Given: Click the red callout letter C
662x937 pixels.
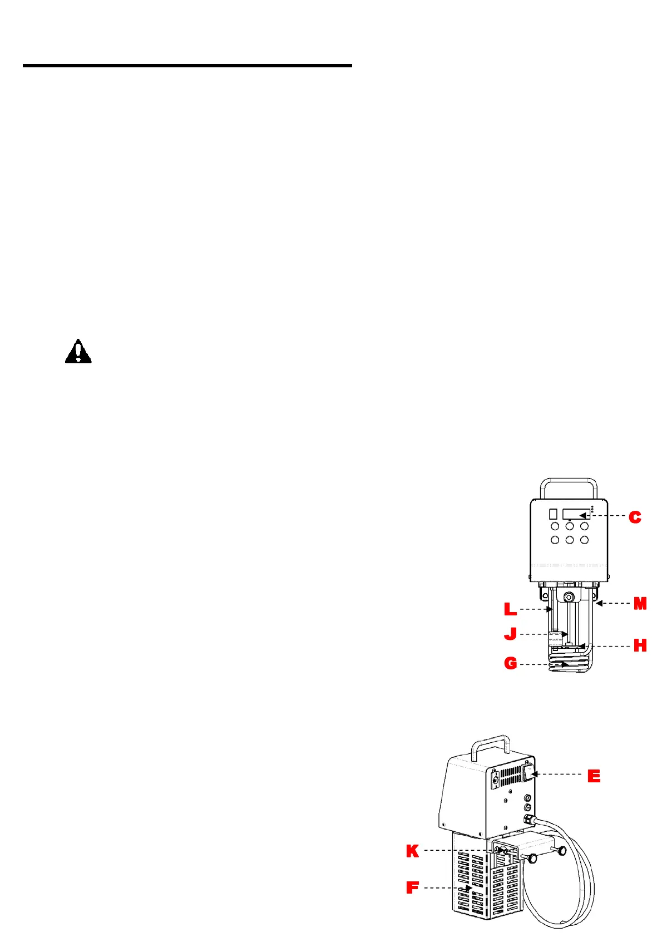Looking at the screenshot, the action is pos(635,517).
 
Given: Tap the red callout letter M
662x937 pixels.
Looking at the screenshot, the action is pos(640,604).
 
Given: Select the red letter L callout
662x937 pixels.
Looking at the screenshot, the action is pos(510,609).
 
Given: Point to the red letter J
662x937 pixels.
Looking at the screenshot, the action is pos(510,634).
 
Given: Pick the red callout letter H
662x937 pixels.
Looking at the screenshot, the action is pos(640,645).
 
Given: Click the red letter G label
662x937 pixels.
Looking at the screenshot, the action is pos(510,663).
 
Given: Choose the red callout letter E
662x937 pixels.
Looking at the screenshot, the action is pos(594,776).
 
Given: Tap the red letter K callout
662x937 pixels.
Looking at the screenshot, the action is pos(412,851).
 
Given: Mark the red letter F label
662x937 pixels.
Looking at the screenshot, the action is pos(412,887).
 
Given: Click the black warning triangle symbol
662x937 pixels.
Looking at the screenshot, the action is pos(78,352).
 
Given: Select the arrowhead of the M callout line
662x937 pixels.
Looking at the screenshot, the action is pos(599,603).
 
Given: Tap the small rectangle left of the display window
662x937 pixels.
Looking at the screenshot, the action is pos(553,514).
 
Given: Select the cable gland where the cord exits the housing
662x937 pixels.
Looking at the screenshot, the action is pos(527,818).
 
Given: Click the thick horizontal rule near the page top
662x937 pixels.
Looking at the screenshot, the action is pos(187,66).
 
